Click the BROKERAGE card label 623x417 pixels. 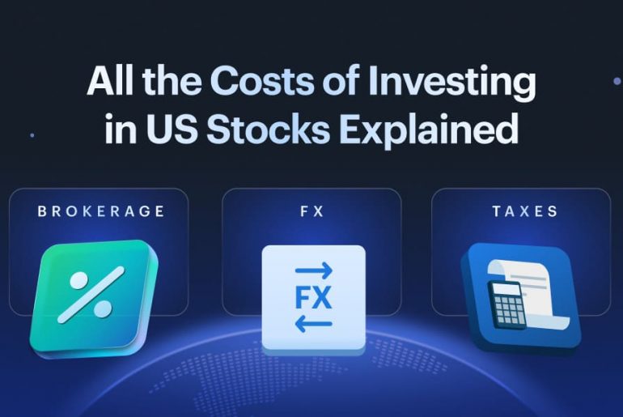(x=100, y=212)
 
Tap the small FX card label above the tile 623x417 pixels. (x=311, y=212)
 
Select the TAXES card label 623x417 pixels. (x=524, y=212)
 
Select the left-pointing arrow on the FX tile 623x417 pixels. (x=313, y=324)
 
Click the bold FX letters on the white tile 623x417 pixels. (x=313, y=298)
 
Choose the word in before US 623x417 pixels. (x=121, y=130)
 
